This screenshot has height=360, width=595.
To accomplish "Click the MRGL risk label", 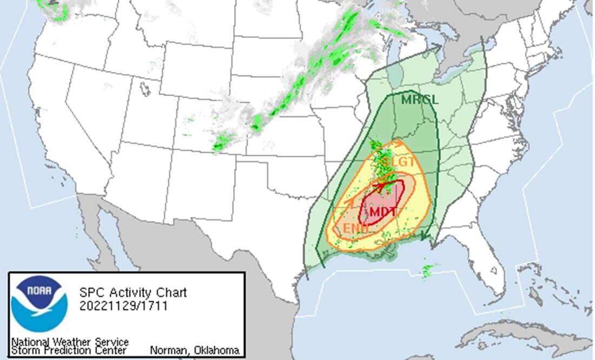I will pyautogui.click(x=419, y=100).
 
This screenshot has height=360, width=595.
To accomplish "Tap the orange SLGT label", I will pyautogui.click(x=399, y=162).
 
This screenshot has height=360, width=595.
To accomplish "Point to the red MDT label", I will pyautogui.click(x=383, y=212).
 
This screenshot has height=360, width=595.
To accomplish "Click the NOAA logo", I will pyautogui.click(x=39, y=304).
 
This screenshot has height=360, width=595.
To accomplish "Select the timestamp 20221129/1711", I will pyautogui.click(x=123, y=306).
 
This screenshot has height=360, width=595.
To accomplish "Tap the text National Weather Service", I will pyautogui.click(x=70, y=342).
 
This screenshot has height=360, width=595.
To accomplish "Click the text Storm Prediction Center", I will pyautogui.click(x=69, y=350).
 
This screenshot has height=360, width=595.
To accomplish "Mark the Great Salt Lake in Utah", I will pyautogui.click(x=145, y=89).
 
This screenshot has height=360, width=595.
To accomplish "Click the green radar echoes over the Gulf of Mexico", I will pyautogui.click(x=427, y=270).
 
